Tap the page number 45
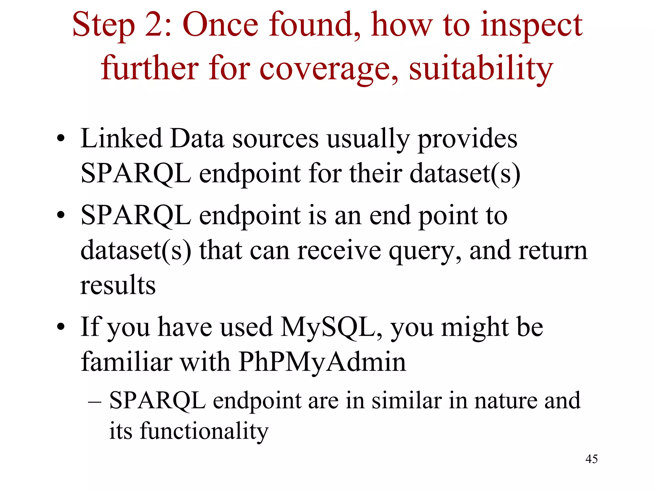pyautogui.click(x=591, y=459)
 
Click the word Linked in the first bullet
pyautogui.click(x=121, y=139)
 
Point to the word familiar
pyautogui.click(x=126, y=362)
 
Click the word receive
pyautogui.click(x=338, y=250)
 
